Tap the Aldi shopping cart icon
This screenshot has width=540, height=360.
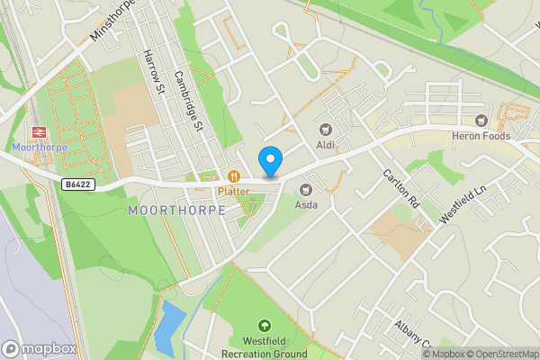click(x=325, y=130)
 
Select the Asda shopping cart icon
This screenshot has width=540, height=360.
click(x=306, y=189)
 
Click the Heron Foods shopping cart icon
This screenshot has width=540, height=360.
click(x=481, y=121)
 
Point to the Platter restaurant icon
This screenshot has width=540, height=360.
click(x=233, y=176)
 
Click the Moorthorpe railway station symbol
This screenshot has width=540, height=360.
click(x=39, y=132)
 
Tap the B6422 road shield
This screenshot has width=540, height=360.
click(x=78, y=184)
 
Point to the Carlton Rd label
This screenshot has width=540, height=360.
click(x=401, y=189)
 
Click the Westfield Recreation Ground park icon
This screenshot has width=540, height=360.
click(x=265, y=326)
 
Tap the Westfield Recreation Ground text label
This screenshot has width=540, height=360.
click(x=265, y=347)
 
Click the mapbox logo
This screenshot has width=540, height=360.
click(x=39, y=348)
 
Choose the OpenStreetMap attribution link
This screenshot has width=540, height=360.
click(x=502, y=354)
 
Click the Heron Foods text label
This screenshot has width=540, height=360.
click(x=481, y=136)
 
